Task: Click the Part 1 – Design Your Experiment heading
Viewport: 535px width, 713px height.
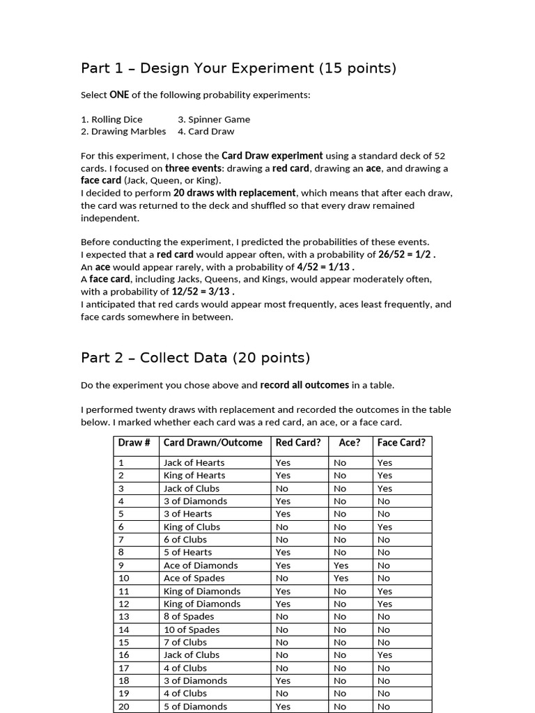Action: (x=238, y=68)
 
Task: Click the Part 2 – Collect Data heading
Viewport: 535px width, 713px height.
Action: (x=195, y=358)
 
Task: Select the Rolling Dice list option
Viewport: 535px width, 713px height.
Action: (x=111, y=119)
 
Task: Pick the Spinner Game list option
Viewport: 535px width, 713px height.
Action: (x=214, y=119)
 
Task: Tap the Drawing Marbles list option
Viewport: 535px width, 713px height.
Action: (x=123, y=131)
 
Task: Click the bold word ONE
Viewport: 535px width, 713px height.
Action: (x=119, y=95)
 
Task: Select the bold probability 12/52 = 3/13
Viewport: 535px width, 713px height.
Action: (x=203, y=292)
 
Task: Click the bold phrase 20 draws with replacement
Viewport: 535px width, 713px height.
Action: (x=235, y=193)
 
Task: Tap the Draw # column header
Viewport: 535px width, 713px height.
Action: (x=134, y=443)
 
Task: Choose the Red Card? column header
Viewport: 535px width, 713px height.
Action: (x=298, y=443)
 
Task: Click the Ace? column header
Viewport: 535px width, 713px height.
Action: (x=350, y=443)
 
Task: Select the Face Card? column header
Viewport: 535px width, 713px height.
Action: (x=401, y=443)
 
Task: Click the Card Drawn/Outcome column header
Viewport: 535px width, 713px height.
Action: (x=212, y=443)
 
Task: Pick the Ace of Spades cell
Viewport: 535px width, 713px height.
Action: (x=194, y=578)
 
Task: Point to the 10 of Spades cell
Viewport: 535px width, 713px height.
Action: (x=192, y=629)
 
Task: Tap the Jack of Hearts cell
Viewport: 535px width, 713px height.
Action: (x=194, y=462)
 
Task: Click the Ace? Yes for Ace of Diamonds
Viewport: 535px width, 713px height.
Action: (x=341, y=565)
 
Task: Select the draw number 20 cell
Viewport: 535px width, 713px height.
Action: (x=124, y=706)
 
